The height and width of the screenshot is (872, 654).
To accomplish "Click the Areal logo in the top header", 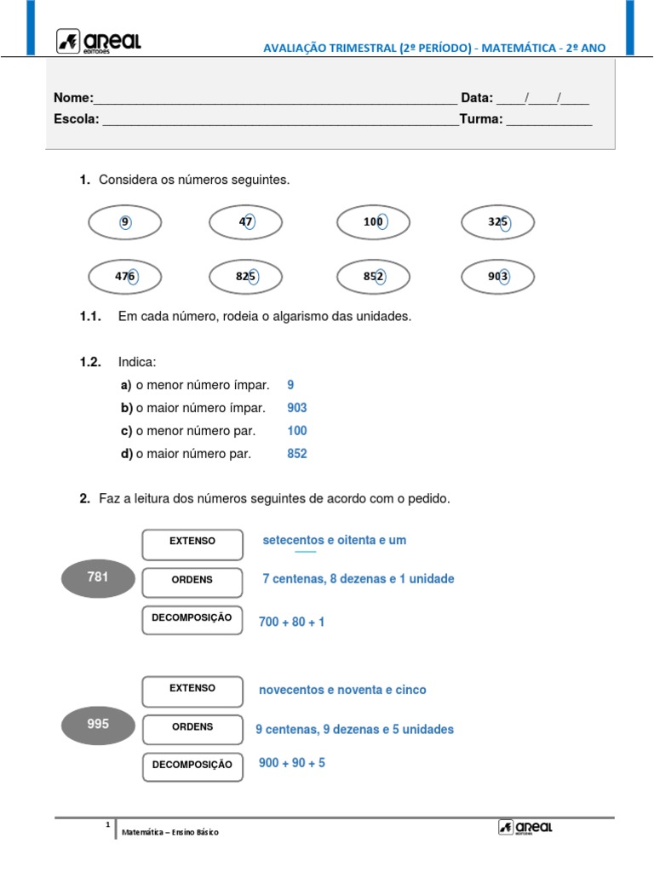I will pos(98,41).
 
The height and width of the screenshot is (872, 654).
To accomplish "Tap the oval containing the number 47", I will pos(246,223).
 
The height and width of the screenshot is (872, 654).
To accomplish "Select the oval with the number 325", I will pos(498,223).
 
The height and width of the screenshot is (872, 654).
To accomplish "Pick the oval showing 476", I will pos(125,277).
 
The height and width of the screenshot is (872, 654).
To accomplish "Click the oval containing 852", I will pos(374,277).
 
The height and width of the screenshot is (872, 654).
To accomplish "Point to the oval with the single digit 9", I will pos(125,223).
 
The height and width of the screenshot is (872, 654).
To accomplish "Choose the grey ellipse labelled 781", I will pos(98,577).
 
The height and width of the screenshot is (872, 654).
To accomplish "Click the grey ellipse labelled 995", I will pos(98,725).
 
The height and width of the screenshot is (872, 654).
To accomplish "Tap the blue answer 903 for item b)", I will pos(297,408).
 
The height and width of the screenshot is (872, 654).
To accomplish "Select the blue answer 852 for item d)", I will pos(297,454).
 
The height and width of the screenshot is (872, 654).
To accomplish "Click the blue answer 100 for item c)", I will pos(297,431).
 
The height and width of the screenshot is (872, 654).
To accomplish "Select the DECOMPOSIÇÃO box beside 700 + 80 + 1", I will pos(192,619).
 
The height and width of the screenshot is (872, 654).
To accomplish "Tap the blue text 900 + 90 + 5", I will pos(292,763).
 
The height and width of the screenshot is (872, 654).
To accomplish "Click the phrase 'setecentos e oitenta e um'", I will pos(335,540).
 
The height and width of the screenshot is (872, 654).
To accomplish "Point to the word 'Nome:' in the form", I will pos(74,98).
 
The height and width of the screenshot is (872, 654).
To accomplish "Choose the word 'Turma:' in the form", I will pos(481,119).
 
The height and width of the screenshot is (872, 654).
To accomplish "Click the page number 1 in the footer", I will pos(108,825).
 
